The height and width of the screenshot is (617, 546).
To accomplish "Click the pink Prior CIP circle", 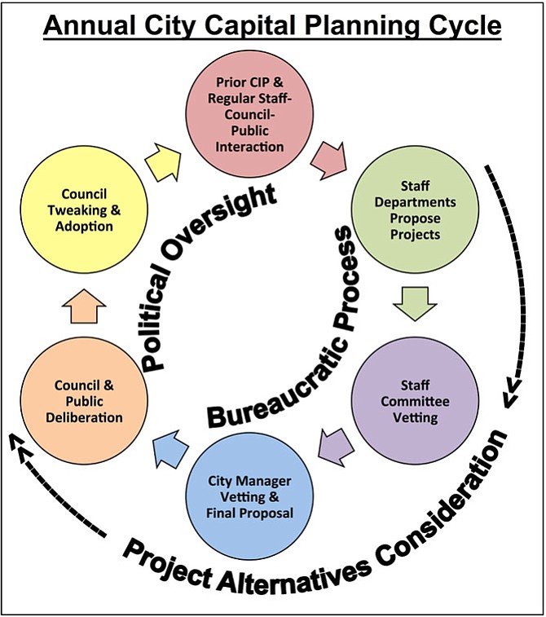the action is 250,114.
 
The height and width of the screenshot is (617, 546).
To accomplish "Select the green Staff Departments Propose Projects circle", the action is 415,209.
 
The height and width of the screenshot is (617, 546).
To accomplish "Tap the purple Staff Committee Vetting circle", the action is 415,400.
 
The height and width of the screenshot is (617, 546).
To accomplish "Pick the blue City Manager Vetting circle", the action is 250,496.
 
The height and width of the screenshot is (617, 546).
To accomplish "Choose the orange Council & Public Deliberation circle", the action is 84,400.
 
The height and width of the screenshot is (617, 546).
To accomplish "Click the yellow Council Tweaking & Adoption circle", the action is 84,209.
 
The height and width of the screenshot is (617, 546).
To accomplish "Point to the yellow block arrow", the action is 163,161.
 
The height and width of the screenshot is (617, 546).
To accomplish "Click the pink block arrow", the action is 330,161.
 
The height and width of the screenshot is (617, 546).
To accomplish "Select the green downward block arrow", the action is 415,304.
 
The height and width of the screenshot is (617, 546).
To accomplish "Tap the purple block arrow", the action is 337,447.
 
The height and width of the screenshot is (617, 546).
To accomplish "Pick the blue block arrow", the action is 170,448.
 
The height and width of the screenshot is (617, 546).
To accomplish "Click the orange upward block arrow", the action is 84,306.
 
